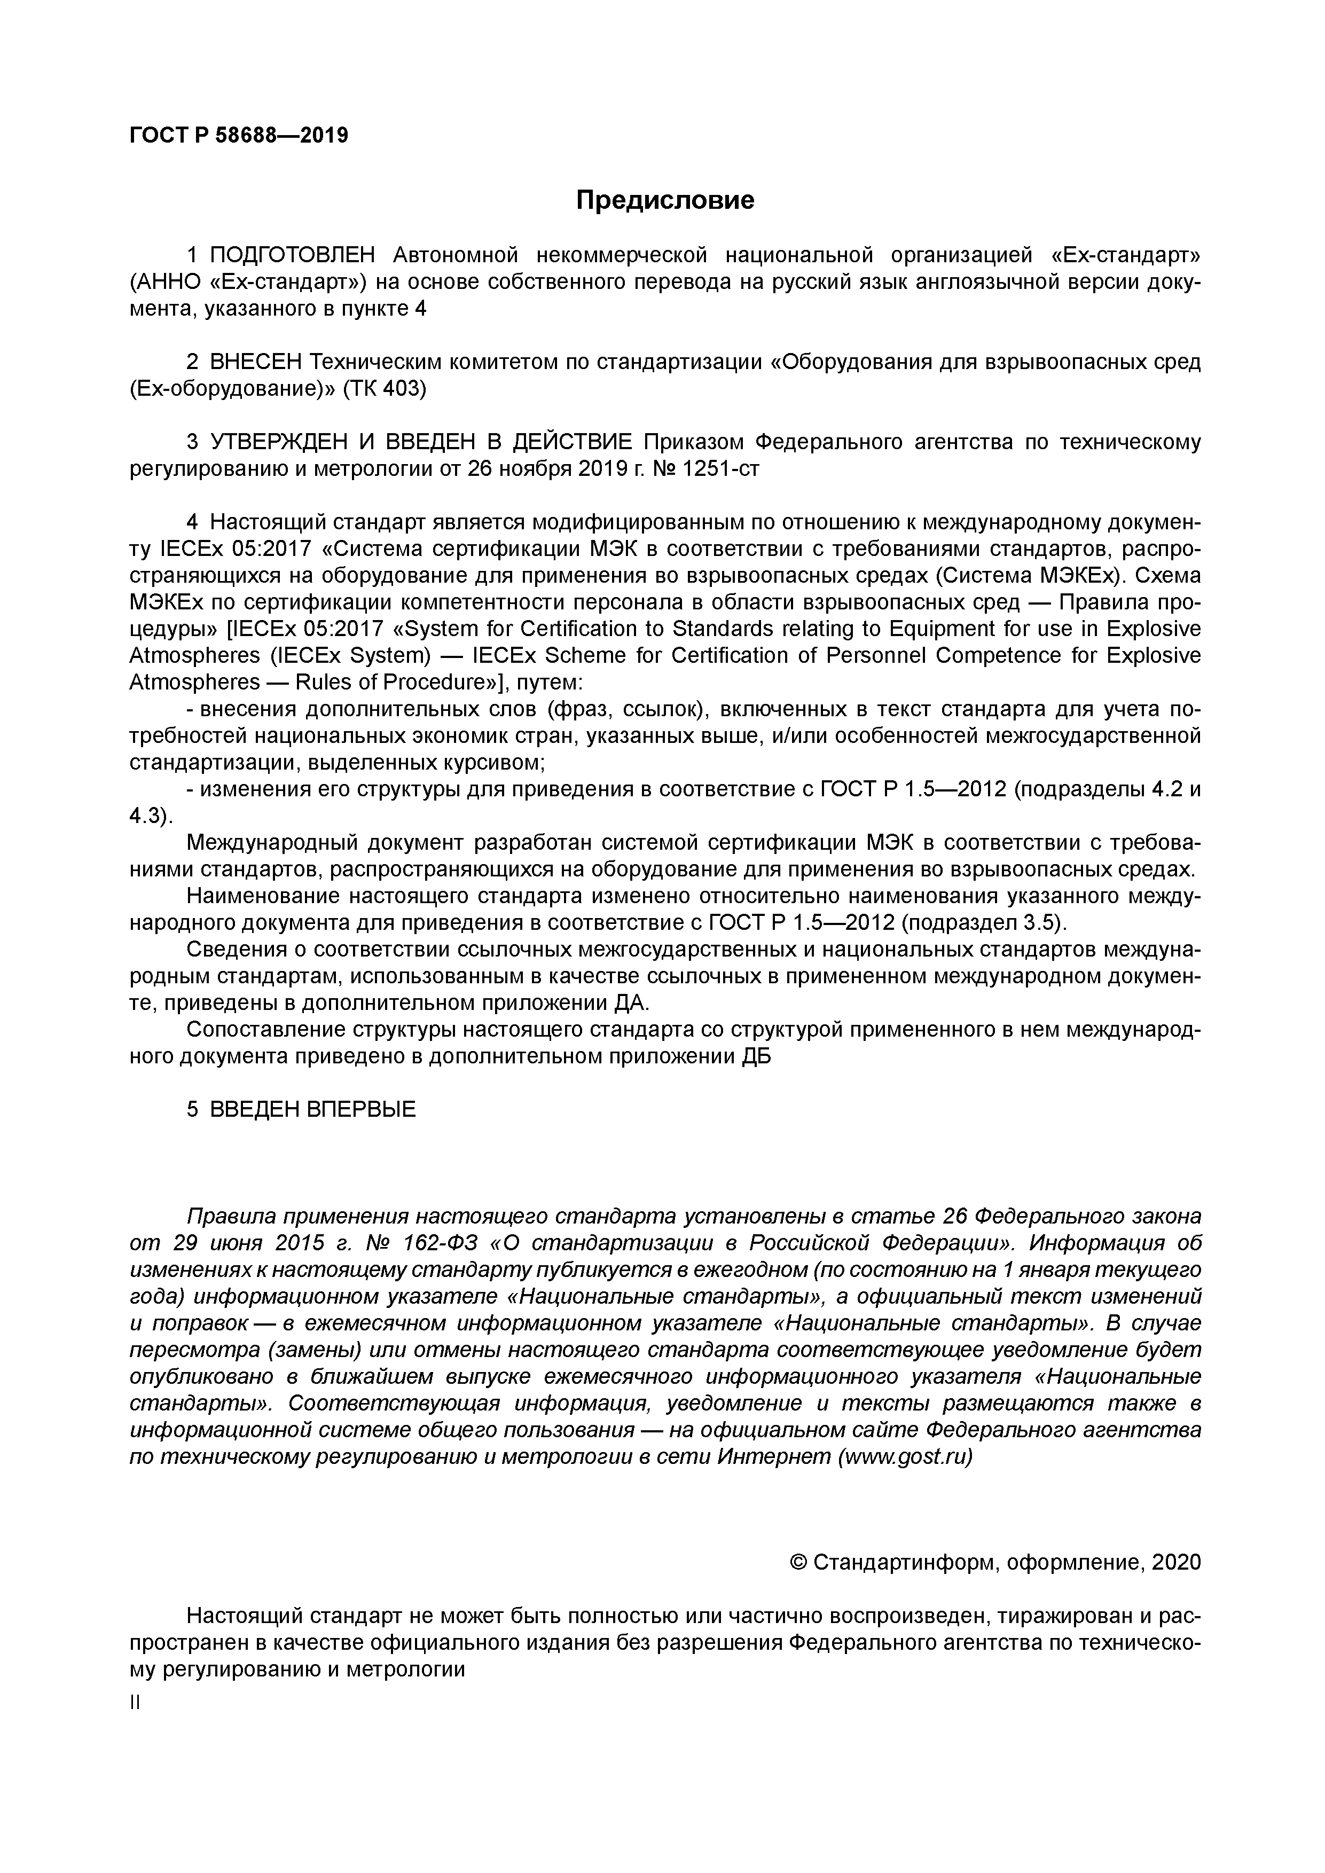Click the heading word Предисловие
click(665, 200)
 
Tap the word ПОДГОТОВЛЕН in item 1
click(292, 255)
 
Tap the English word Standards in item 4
click(739, 630)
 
